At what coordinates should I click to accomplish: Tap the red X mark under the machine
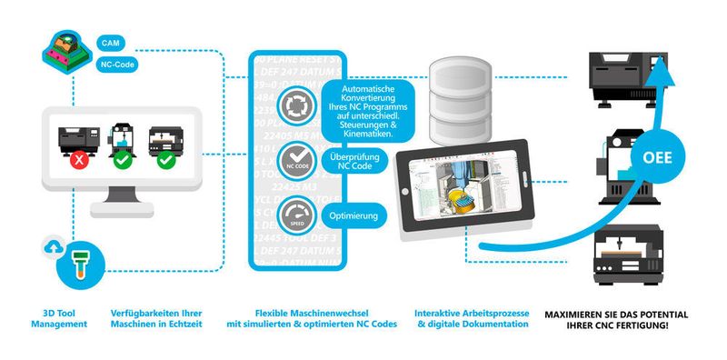(81, 161)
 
